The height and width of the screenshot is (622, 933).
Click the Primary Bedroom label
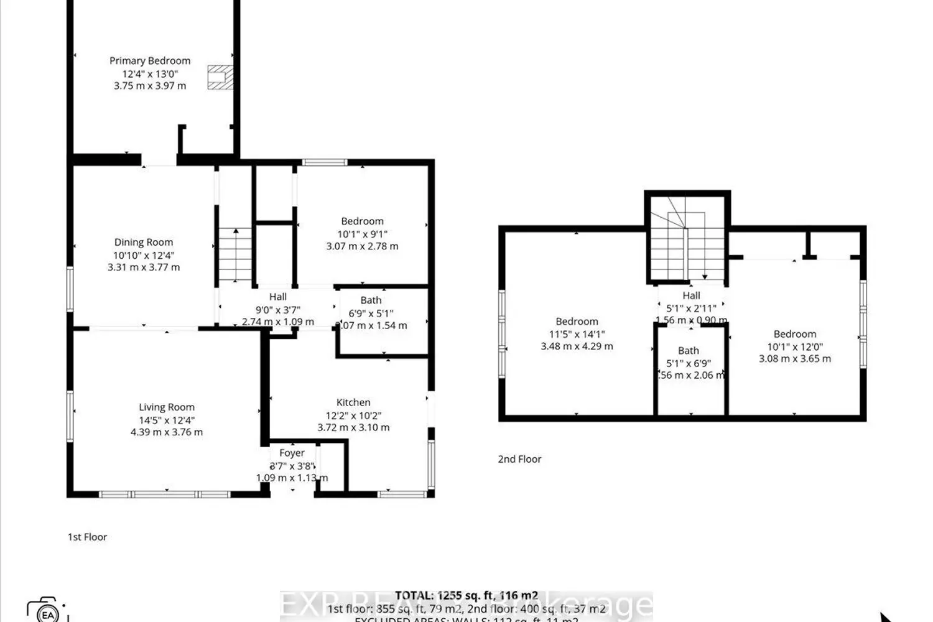[150, 60]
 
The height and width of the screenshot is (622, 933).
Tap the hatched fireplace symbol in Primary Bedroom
[220, 77]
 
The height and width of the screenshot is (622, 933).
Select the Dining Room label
[144, 242]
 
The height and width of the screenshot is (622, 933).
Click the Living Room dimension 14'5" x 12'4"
[166, 420]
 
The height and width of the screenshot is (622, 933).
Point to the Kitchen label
[353, 402]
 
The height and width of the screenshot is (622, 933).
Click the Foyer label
[292, 453]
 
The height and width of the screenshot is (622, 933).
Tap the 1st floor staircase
[235, 255]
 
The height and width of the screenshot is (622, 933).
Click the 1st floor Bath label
[371, 300]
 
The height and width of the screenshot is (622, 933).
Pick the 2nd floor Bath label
[689, 351]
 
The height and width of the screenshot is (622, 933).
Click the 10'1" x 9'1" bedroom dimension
[362, 234]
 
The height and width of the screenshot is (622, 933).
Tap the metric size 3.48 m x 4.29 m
[577, 346]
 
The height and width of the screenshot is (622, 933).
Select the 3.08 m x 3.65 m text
[794, 358]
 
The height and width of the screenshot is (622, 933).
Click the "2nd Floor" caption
[519, 459]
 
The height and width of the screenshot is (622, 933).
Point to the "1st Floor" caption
[87, 537]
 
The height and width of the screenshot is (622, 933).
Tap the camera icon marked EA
[47, 611]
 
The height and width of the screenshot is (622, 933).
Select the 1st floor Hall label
[278, 297]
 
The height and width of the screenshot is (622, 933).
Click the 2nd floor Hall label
[691, 295]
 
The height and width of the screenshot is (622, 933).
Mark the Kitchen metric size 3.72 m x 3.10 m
[353, 427]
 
